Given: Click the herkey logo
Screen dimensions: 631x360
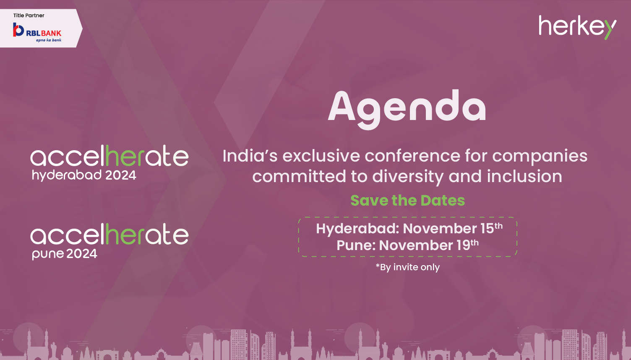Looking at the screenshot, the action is (x=577, y=27).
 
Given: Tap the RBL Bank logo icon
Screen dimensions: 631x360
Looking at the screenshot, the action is (x=18, y=29).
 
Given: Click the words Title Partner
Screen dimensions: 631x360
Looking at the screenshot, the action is (x=29, y=16).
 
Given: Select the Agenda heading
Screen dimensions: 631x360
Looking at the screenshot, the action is (x=407, y=110).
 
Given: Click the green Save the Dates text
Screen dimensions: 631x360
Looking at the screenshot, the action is (x=408, y=201).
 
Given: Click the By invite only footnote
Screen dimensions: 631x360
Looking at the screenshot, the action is (x=408, y=267).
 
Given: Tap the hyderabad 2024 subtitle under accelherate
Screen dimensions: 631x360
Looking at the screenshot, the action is (x=84, y=175).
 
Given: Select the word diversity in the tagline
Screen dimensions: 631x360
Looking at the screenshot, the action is (x=408, y=177).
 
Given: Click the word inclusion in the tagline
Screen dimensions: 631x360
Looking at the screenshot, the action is (x=524, y=176).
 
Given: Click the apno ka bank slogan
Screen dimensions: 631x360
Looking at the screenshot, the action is (x=49, y=40).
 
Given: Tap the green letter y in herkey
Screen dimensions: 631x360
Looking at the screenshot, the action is (x=610, y=29).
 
